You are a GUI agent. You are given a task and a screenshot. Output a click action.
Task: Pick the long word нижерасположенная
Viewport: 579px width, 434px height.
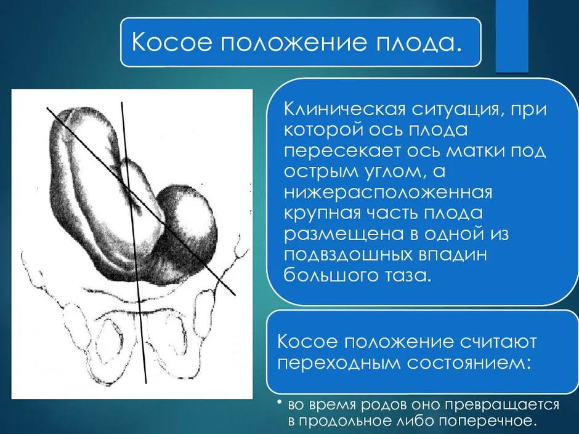387,193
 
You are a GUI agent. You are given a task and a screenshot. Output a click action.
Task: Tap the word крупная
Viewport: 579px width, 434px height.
322,214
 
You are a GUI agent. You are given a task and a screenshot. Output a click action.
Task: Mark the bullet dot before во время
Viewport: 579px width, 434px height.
281,403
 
